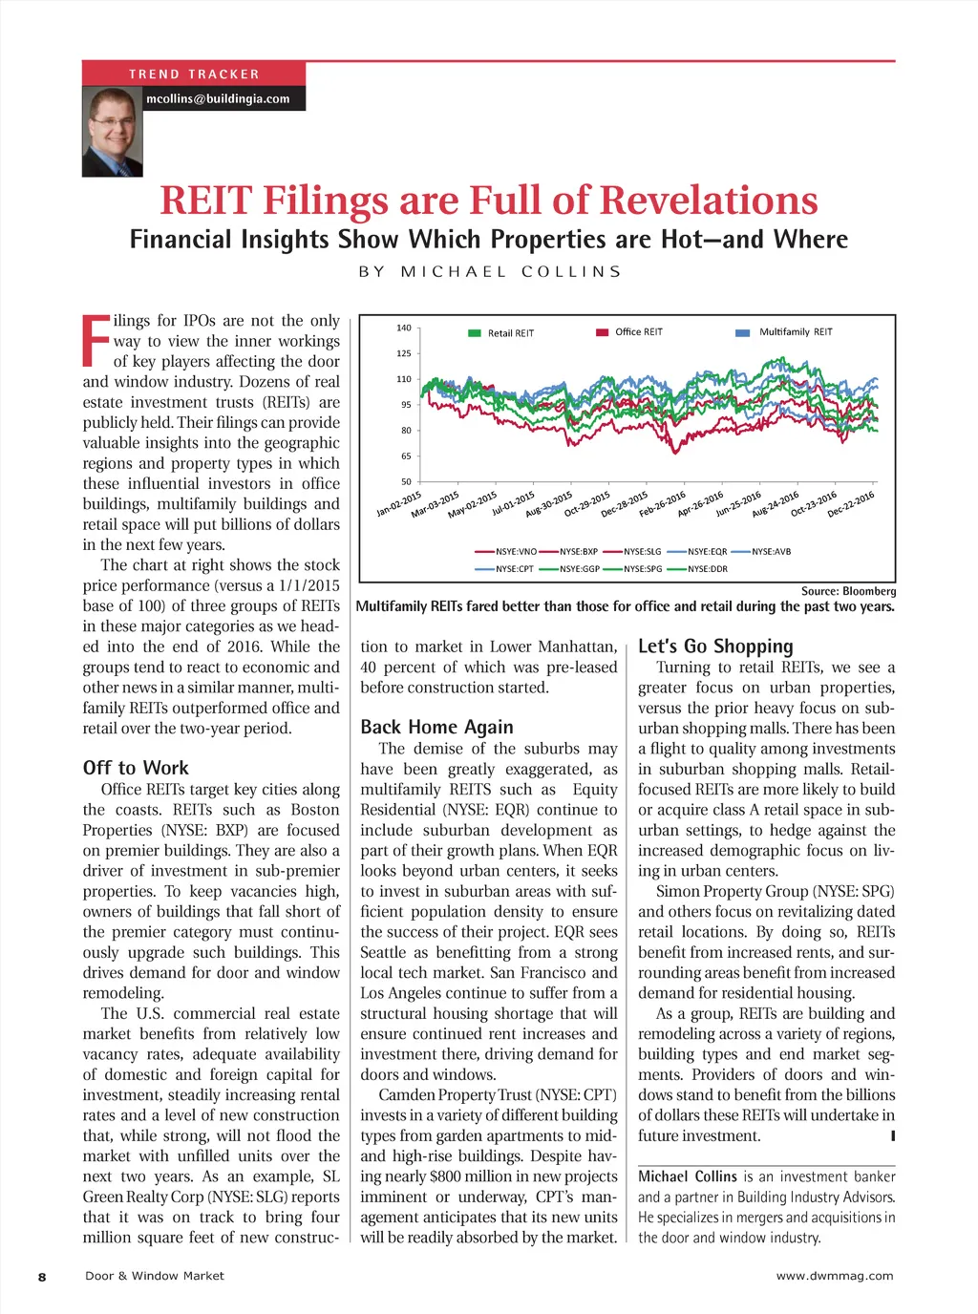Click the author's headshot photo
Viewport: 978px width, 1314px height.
tap(113, 132)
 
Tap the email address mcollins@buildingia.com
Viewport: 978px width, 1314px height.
tap(218, 98)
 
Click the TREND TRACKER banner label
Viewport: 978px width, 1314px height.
tap(194, 74)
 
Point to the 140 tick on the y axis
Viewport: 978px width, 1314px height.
tap(403, 328)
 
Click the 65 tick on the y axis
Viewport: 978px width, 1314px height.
tap(406, 456)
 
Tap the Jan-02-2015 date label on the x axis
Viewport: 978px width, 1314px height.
tap(399, 504)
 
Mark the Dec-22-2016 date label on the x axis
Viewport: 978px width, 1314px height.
tap(851, 504)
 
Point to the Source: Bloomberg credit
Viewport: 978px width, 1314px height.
tap(848, 591)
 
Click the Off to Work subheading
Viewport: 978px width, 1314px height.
tap(136, 768)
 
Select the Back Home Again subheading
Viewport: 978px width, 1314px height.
tap(436, 727)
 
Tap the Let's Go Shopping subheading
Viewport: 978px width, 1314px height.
tap(715, 646)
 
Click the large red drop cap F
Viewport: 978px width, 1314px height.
tap(96, 341)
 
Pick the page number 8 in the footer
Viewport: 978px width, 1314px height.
tap(42, 1277)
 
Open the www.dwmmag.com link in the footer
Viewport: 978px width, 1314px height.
tap(835, 1276)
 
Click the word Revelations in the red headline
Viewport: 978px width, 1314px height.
tap(709, 201)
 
